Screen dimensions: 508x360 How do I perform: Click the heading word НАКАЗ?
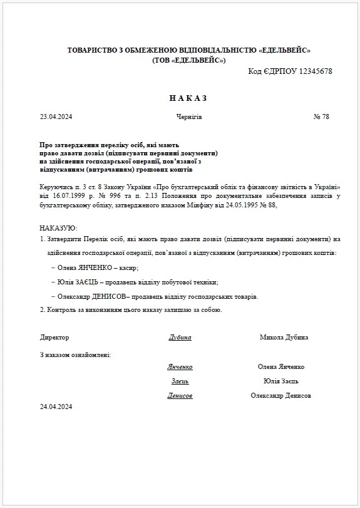tap(187, 98)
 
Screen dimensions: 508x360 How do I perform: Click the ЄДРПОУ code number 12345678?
tap(312, 71)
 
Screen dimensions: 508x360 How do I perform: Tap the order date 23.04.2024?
tap(56, 117)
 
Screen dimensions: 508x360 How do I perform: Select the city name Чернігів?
tap(189, 117)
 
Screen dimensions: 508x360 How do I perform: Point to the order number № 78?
tap(321, 117)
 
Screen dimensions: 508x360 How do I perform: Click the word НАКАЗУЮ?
tap(58, 227)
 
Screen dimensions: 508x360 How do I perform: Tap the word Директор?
tap(54, 337)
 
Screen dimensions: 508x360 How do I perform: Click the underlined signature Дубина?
tap(180, 337)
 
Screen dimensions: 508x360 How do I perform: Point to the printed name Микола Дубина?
tap(284, 337)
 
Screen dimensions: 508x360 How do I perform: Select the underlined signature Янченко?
tap(180, 366)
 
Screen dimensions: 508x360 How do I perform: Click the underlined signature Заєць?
tap(180, 381)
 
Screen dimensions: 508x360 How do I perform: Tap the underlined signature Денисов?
tap(180, 395)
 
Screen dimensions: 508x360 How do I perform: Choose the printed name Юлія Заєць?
tap(281, 381)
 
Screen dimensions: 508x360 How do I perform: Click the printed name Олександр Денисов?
tap(281, 395)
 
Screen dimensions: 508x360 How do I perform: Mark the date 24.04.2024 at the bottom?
tap(56, 407)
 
